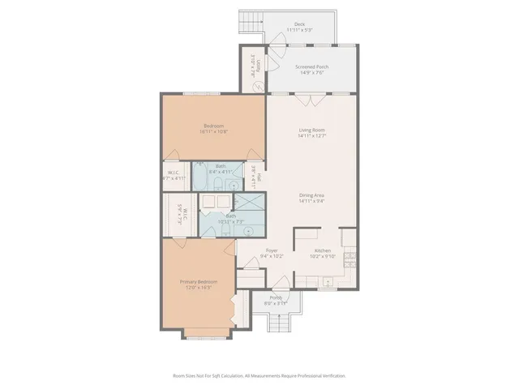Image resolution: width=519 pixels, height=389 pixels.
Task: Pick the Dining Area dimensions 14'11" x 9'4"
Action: coord(311,201)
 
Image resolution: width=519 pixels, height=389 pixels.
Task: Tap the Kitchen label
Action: coord(322,251)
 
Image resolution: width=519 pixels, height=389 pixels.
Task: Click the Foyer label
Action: coord(272,251)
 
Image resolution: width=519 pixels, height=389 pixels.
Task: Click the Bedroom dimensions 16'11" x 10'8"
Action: coord(213,131)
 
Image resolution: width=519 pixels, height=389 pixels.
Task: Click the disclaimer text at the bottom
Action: coord(259,376)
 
